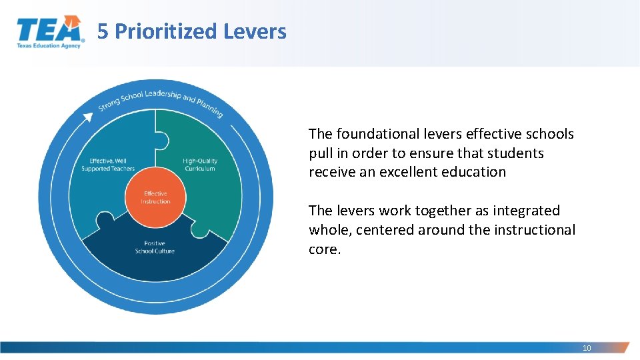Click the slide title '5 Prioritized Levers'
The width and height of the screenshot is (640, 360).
pos(192,31)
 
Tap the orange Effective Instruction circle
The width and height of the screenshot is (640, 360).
pos(155,197)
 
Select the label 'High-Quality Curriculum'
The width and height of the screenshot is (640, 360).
pos(200,165)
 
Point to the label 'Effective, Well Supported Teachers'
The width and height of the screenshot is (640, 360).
pos(108,165)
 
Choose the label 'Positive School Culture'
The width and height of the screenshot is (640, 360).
pos(155,247)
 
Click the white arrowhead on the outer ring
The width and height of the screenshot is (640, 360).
pos(87,117)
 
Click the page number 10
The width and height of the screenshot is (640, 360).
pos(587,348)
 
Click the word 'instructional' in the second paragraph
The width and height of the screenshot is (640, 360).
pos(535,230)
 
